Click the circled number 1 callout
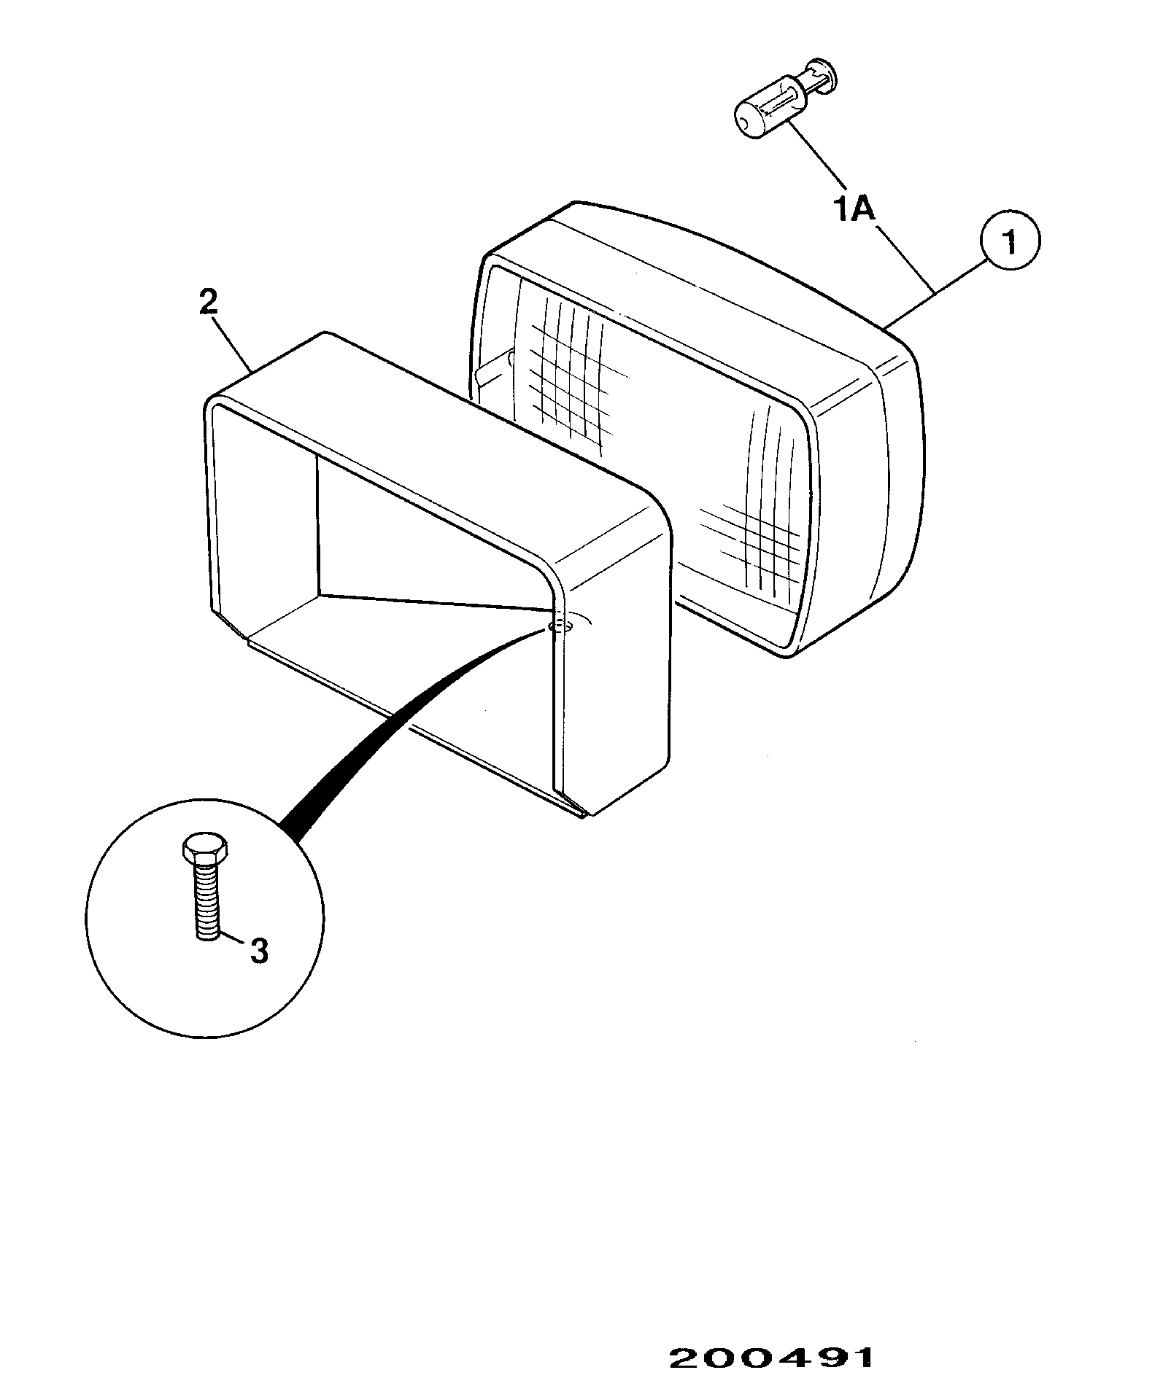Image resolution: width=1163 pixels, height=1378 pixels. (x=1010, y=241)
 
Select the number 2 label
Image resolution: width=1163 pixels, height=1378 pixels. (x=208, y=302)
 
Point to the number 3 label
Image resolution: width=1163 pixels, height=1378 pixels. (x=259, y=951)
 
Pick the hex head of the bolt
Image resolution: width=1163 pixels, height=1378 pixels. (x=204, y=848)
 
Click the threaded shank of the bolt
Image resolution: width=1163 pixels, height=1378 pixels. (x=206, y=900)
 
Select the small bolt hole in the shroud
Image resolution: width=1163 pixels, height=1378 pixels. (x=560, y=625)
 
